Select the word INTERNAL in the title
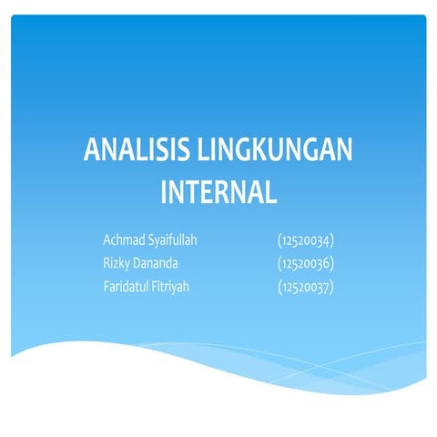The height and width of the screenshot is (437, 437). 218,191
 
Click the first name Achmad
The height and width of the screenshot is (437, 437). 124,241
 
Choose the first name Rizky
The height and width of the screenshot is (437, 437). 117,265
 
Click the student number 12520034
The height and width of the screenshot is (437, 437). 306,241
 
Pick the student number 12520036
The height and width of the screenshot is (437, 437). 306,265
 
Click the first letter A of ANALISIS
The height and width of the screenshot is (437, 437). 92,151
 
